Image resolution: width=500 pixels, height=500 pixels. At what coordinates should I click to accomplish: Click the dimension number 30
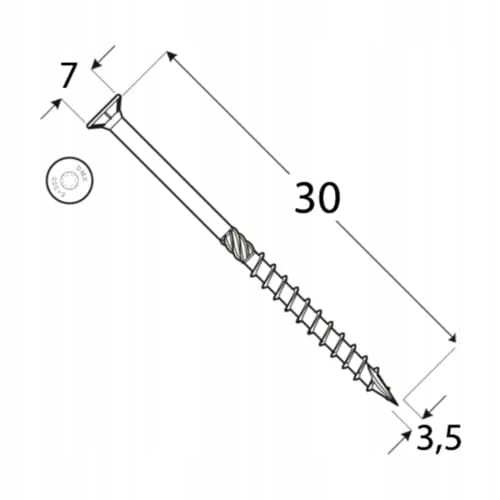point(317,199)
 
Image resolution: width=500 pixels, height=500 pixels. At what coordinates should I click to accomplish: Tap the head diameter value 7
point(68,75)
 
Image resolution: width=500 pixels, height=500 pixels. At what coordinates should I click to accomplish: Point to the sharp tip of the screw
point(394,402)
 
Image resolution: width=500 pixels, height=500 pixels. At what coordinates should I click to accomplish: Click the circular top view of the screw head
point(68,180)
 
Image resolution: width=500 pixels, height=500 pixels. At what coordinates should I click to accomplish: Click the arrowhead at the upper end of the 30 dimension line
point(171,57)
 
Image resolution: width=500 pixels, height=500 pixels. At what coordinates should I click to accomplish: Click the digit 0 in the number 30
point(330,199)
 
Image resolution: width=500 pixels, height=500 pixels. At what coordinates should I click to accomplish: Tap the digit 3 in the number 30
point(304,199)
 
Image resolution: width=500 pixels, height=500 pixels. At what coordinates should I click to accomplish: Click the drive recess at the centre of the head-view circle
point(68,180)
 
